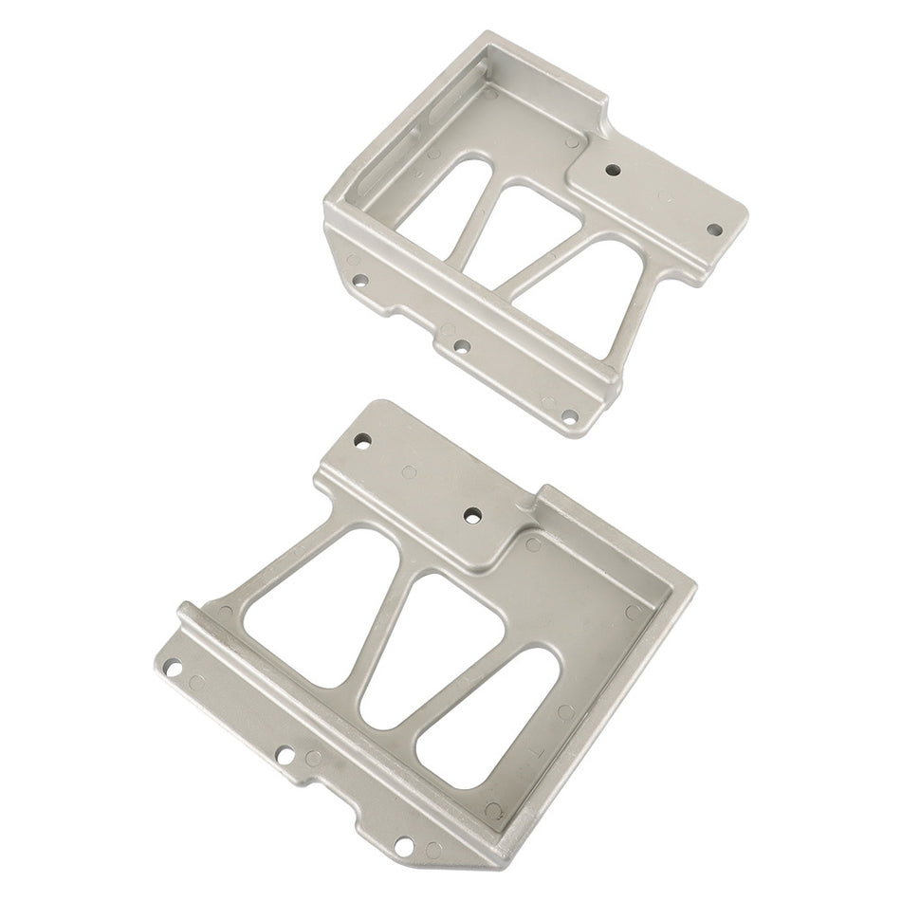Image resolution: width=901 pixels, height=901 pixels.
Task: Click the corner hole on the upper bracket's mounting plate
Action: coord(715,229)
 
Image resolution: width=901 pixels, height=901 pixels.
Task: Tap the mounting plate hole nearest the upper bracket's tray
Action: coord(614,171)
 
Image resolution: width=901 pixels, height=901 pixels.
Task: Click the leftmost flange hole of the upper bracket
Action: coord(360,281)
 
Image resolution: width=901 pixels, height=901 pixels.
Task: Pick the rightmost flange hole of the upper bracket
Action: coord(569,414)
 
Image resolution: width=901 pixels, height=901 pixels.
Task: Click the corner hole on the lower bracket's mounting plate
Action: coord(362,440)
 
